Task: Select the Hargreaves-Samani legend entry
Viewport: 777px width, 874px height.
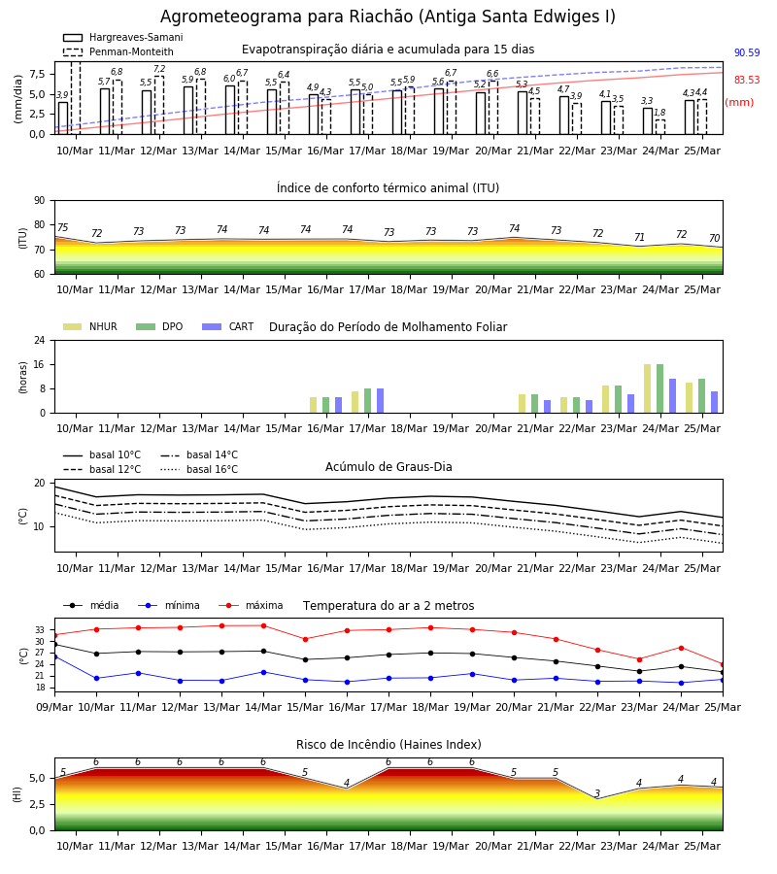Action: tap(123, 37)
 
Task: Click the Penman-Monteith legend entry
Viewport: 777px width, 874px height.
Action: tap(118, 51)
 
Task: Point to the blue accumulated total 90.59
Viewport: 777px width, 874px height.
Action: tap(747, 53)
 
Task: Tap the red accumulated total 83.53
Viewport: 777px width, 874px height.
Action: tap(747, 80)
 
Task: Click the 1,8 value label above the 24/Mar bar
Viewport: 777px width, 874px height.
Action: tap(659, 113)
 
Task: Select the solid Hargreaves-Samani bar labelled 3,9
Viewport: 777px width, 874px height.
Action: tap(63, 118)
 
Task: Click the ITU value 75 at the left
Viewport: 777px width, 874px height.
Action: tap(63, 227)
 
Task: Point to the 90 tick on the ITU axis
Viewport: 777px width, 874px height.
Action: tap(40, 201)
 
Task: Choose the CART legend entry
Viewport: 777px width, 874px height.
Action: tap(228, 326)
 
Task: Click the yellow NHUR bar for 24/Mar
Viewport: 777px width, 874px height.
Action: tap(647, 388)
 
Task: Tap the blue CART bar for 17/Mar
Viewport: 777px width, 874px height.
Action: tap(380, 401)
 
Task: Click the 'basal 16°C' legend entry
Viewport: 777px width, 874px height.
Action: tap(199, 469)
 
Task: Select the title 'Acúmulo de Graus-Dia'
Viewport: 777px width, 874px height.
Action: tap(388, 467)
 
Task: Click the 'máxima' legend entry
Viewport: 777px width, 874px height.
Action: tap(251, 605)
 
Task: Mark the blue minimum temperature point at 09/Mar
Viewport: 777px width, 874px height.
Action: tap(54, 656)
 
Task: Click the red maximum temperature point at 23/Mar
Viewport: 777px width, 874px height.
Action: tap(639, 659)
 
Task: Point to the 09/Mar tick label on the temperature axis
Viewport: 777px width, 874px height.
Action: tap(54, 707)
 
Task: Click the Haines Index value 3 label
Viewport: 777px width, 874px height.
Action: tap(597, 793)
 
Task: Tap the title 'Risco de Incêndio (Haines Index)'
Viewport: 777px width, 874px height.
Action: tap(388, 745)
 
